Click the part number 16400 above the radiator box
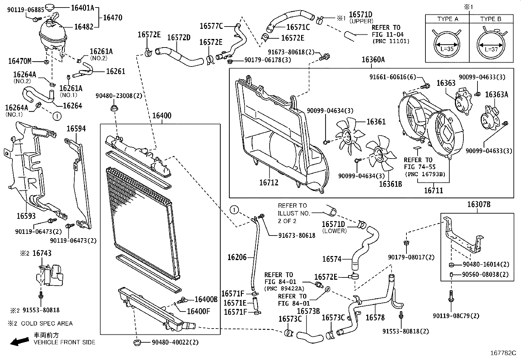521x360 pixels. tap(161, 116)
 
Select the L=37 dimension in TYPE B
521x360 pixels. tap(491, 49)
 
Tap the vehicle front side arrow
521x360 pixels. tap(19, 342)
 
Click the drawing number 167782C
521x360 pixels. tap(503, 353)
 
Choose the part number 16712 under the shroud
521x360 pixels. tap(269, 182)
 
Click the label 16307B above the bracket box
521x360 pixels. tap(478, 205)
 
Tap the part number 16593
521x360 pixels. tap(26, 216)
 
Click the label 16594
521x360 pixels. tap(76, 129)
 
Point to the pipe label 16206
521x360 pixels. tap(237, 257)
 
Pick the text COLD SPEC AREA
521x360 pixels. tap(47, 323)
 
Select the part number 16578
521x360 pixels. tap(375, 317)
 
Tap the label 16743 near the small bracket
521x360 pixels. tap(42, 253)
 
